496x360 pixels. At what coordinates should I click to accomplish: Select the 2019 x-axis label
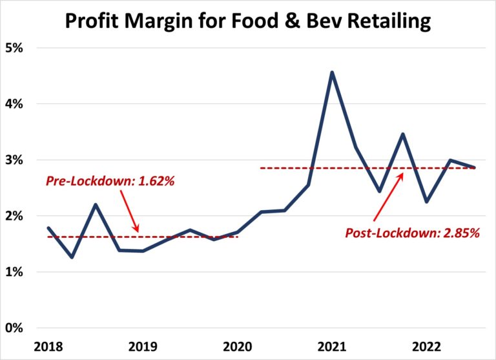pos(142,346)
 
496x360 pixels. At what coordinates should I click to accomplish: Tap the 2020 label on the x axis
pos(236,346)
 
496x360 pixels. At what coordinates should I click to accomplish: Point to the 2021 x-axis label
pos(331,346)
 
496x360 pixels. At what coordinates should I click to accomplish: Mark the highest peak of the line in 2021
pos(332,72)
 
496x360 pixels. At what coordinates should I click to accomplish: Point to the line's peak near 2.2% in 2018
pos(95,205)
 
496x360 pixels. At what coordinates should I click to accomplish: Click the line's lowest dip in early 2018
pos(72,257)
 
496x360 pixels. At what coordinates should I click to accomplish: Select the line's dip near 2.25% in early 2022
pos(427,202)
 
